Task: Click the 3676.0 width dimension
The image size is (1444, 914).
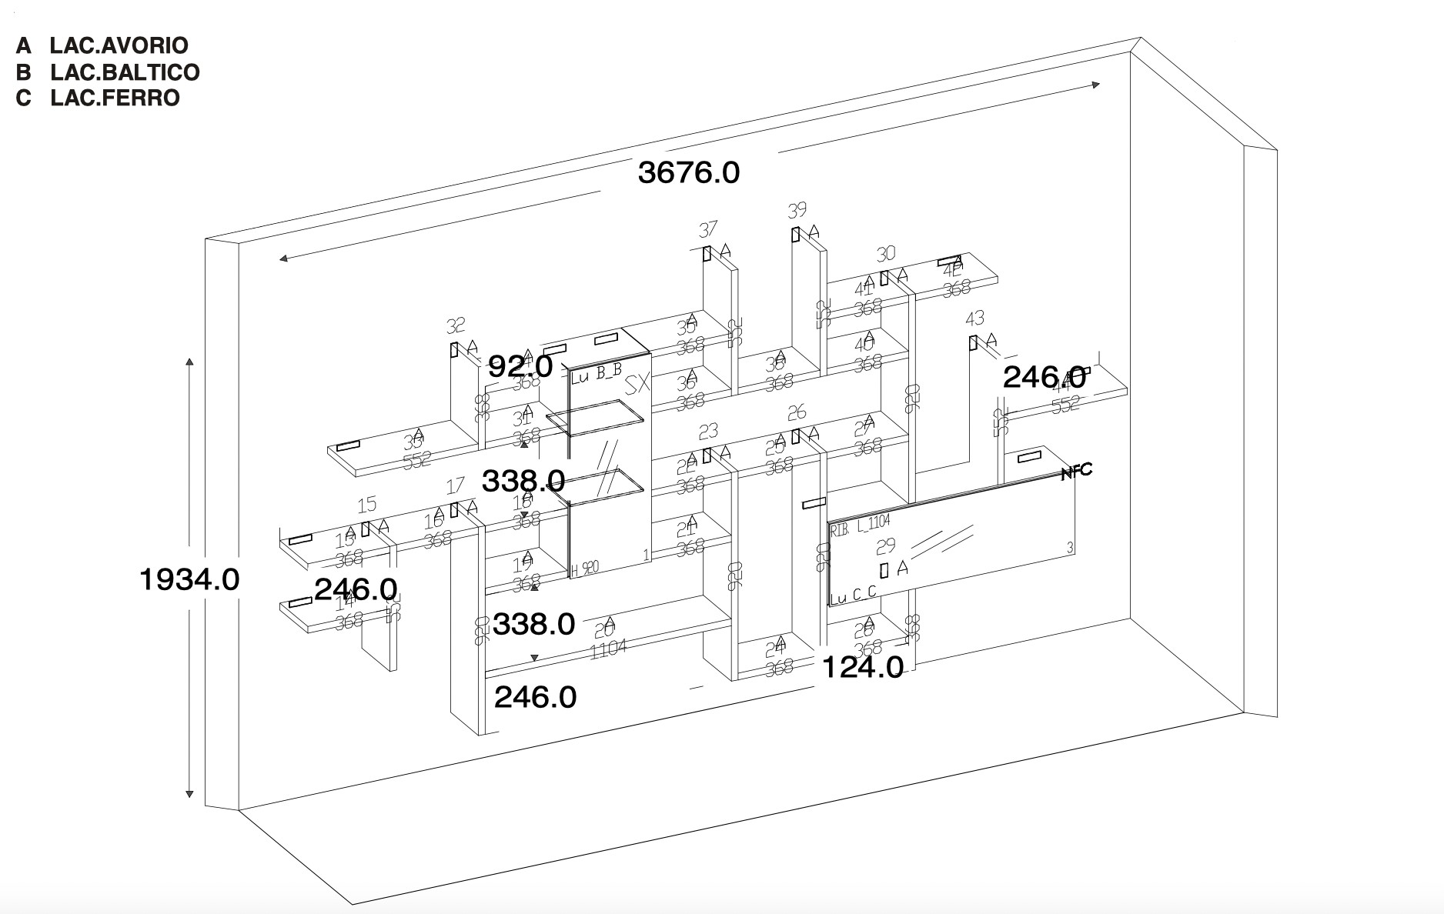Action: point(689,172)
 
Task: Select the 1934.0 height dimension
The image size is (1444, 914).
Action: point(189,579)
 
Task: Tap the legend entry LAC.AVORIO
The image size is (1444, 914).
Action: point(119,45)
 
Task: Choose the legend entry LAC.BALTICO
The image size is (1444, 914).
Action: point(125,72)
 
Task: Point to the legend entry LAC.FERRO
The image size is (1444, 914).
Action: point(115,98)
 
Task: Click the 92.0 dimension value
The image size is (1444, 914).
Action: point(520,366)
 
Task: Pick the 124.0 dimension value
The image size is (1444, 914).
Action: point(862,667)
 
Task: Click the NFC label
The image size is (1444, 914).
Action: point(1076,472)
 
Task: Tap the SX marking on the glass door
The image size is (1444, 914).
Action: point(637,385)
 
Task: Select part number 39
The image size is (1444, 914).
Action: point(797,210)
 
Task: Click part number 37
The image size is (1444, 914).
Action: point(707,229)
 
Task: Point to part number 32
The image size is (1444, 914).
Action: point(456,325)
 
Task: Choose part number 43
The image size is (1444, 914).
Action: point(974,319)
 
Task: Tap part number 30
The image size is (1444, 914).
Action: point(886,254)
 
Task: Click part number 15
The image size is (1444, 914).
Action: point(367,504)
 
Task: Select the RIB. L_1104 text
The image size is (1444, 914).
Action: point(860,526)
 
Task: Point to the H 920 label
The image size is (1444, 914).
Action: point(585,569)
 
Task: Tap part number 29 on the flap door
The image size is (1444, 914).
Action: point(886,545)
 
